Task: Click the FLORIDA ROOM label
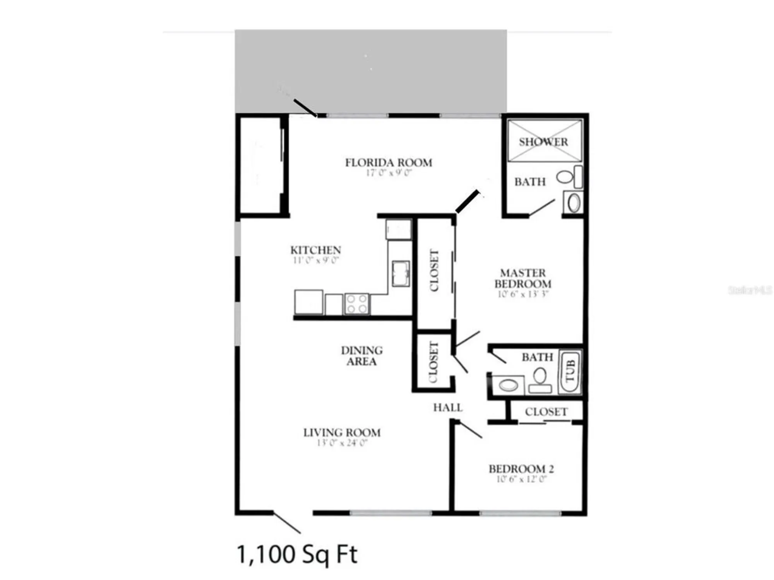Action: [389, 162]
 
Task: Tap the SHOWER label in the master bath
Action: [543, 142]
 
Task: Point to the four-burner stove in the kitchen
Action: [357, 304]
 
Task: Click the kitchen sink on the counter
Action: [401, 273]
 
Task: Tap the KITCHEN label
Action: [315, 250]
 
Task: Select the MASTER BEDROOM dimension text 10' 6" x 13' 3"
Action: [523, 294]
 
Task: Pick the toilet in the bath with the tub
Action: [540, 380]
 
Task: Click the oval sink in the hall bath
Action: [508, 385]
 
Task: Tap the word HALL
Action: [448, 408]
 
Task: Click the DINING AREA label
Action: [361, 356]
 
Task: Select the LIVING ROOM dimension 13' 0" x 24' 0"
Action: [342, 443]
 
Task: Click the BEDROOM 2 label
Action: [521, 469]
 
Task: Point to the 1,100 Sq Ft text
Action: [297, 554]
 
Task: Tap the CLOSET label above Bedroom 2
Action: [546, 412]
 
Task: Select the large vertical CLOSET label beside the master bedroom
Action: [434, 270]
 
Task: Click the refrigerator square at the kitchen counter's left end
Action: [308, 302]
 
